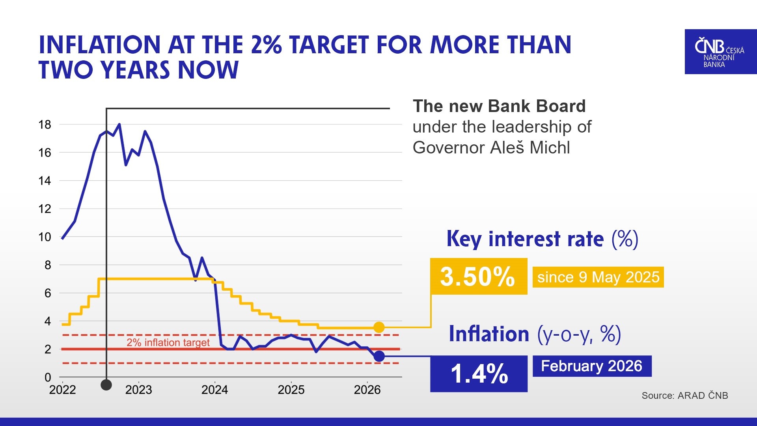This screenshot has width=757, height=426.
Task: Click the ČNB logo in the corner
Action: (720, 52)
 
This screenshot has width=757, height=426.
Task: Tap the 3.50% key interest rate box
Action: (478, 276)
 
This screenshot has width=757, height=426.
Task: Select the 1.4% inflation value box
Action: (478, 374)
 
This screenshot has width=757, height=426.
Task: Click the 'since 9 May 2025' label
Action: (598, 277)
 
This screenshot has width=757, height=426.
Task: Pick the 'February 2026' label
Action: (591, 366)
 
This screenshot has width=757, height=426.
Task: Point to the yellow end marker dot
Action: (378, 327)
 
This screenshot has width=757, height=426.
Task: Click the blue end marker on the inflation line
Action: (379, 356)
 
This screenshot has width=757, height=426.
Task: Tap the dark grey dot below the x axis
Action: (106, 385)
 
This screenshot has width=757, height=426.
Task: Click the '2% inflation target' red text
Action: (168, 342)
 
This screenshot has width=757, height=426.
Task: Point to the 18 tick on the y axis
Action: (45, 125)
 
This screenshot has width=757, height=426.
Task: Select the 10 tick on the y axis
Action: (45, 237)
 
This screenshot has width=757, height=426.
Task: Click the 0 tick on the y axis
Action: (48, 377)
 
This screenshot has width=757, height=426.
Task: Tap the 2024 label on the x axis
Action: (214, 390)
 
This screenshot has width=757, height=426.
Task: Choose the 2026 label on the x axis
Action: (367, 390)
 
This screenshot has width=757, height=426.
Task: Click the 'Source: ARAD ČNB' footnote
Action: (684, 396)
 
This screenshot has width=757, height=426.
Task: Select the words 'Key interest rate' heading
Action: (525, 239)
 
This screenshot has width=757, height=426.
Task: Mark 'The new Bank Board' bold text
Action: (499, 106)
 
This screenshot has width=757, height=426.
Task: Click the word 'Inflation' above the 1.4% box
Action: (489, 334)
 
